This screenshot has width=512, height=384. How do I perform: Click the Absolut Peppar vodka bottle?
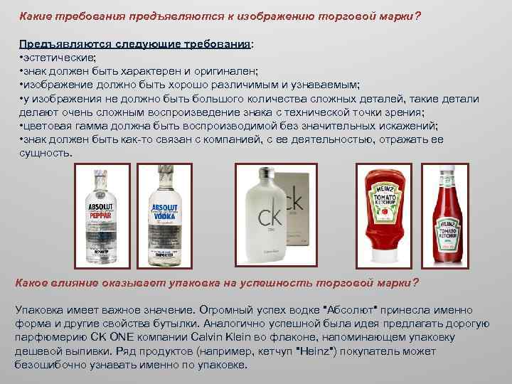click(x=101, y=216)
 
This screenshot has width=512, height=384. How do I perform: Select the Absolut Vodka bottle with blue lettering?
click(x=164, y=215)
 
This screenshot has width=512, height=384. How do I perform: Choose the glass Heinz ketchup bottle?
click(x=447, y=215)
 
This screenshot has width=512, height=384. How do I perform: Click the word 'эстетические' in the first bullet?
click(x=58, y=58)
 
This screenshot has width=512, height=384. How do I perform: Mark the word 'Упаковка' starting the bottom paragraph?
click(x=39, y=309)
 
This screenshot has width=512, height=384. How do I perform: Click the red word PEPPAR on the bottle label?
click(x=100, y=215)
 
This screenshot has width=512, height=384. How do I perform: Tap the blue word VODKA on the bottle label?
click(x=164, y=216)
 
